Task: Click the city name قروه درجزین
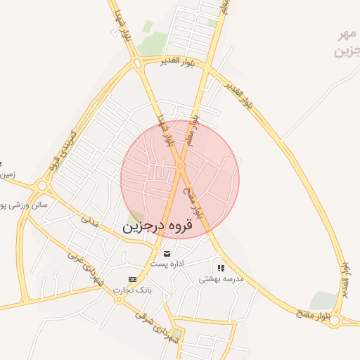pos(164,227)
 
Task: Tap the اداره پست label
pos(167,263)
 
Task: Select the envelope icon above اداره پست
pos(167,253)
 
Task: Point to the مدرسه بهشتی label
pos(221,278)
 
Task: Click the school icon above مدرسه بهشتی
pos(221,268)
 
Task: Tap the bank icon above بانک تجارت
pos(133,279)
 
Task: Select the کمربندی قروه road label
pos(63,148)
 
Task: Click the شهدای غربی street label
pos(85,269)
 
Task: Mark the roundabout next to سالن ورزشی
pos(41,186)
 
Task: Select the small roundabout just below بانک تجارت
pos(117,298)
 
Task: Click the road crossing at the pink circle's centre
pos(180,167)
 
